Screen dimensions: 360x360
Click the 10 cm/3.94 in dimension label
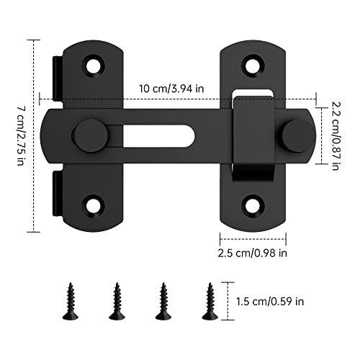[x=171, y=89]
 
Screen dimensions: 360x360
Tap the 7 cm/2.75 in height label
[x=21, y=136]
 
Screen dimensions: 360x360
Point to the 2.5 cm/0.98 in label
[x=252, y=253]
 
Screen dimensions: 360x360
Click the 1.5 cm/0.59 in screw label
[x=270, y=301]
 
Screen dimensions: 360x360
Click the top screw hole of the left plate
[x=93, y=66]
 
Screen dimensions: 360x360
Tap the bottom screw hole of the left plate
[x=93, y=206]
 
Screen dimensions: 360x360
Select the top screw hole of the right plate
[x=253, y=66]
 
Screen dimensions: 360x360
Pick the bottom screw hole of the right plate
[x=253, y=206]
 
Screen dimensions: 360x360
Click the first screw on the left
[x=71, y=301]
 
